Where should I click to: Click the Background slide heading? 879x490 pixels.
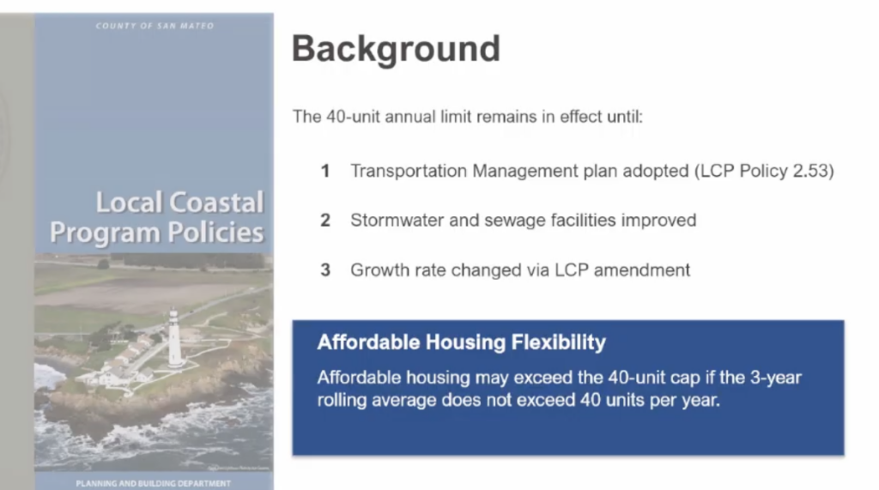click(x=396, y=49)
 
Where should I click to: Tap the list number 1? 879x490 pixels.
click(x=325, y=171)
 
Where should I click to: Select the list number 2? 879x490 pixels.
click(x=325, y=221)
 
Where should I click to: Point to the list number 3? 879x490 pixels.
click(x=325, y=270)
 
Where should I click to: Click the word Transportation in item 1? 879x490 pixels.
click(x=409, y=171)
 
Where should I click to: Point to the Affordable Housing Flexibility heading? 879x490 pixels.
click(x=461, y=342)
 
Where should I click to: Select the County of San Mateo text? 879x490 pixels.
click(x=155, y=26)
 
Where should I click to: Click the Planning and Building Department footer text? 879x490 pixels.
click(x=154, y=483)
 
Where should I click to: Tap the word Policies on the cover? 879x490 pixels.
click(x=216, y=233)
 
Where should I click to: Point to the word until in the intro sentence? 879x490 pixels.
click(x=625, y=117)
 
